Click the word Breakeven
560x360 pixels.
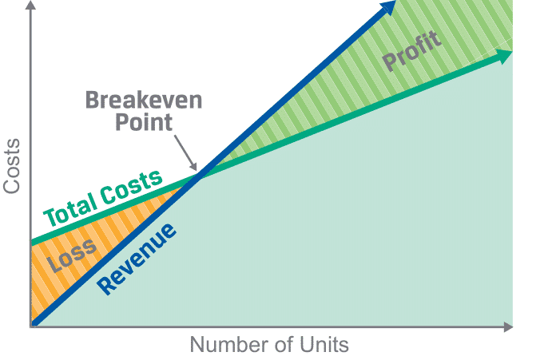coord(144,101)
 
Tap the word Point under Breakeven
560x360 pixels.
coord(144,122)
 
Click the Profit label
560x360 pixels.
coord(412,50)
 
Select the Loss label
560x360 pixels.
coord(72,255)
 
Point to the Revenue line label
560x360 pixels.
coord(137,259)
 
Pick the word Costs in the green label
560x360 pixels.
coord(131,187)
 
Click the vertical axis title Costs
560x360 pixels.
coord(11,166)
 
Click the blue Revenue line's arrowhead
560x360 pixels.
coord(388,7)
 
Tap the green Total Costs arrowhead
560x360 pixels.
coord(504,56)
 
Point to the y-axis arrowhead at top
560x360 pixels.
coord(31,5)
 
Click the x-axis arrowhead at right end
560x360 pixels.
coord(508,326)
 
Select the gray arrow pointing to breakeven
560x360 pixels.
coord(185,152)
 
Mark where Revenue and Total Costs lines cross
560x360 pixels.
coord(199,176)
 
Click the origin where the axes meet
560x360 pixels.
coord(31,326)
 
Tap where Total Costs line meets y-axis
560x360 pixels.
coord(32,242)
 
